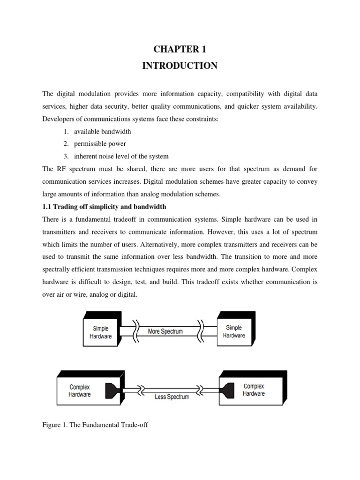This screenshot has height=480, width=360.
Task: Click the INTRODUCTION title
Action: (x=180, y=66)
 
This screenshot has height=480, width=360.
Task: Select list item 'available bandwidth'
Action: (x=102, y=132)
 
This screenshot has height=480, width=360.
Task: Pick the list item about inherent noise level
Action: (x=121, y=156)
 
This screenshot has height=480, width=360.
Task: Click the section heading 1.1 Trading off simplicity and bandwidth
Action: (x=104, y=207)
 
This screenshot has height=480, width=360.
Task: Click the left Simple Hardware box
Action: (x=100, y=332)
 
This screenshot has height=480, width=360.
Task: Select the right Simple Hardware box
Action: (x=234, y=331)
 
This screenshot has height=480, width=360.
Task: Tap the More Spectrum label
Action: (x=165, y=331)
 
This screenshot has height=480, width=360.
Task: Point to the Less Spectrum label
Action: (x=172, y=397)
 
